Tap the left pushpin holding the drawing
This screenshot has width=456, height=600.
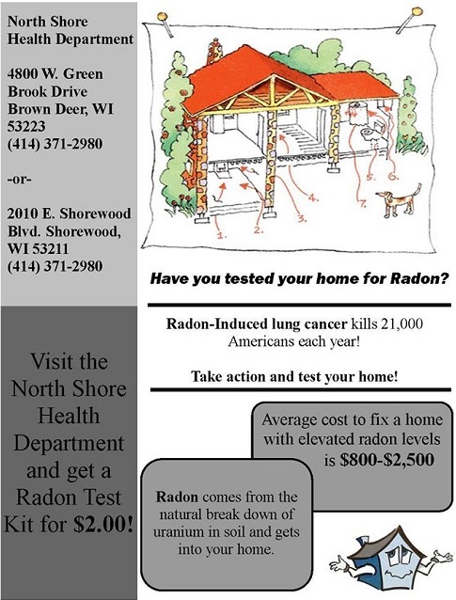[x=165, y=24]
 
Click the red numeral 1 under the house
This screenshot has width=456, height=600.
[x=222, y=234]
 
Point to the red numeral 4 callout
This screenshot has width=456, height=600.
[x=313, y=197]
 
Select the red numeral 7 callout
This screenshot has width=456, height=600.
[x=362, y=203]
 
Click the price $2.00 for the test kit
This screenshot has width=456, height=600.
[x=103, y=524]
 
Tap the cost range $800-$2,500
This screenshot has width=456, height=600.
[x=386, y=460]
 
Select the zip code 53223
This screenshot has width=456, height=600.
[x=26, y=127]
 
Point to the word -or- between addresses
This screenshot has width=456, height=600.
[x=19, y=179]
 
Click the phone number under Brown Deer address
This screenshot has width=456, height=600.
[x=55, y=144]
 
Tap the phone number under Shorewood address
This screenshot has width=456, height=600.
[x=55, y=266]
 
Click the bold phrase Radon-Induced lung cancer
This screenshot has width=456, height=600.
[x=257, y=324]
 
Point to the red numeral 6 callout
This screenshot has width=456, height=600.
[x=393, y=176]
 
